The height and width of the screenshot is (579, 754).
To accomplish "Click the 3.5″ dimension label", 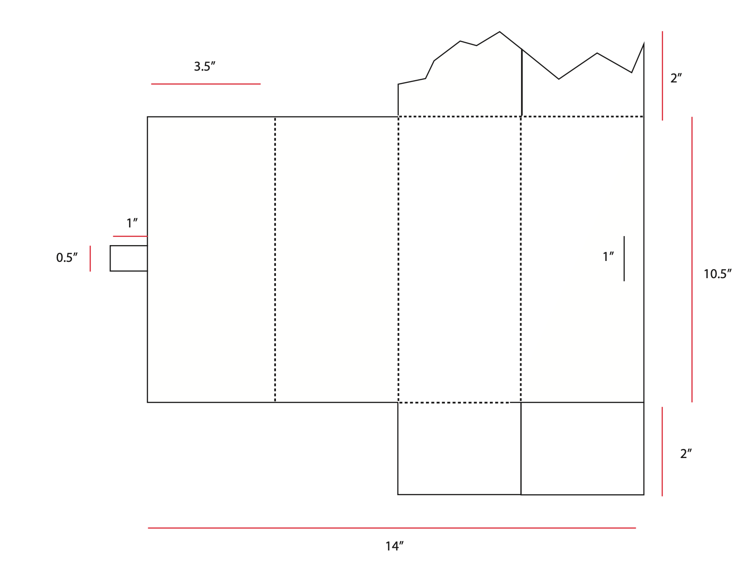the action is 204,67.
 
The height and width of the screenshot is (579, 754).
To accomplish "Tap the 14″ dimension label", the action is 394,546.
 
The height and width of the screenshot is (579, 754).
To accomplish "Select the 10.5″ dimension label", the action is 717,274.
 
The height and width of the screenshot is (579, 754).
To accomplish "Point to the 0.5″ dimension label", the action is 67,258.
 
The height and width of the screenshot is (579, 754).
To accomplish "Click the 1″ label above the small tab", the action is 132,223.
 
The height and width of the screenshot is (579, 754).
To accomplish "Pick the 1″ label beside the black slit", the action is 608,257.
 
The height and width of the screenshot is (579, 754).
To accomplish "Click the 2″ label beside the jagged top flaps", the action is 676,78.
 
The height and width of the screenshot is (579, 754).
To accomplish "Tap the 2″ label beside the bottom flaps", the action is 686,454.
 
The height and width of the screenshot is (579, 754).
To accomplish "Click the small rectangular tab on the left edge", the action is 129,258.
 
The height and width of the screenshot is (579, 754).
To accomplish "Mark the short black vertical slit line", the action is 624,258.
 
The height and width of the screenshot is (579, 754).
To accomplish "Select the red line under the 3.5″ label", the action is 206,84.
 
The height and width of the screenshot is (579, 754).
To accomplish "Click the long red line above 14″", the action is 391,528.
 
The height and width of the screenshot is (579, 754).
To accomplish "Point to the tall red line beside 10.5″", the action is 691,259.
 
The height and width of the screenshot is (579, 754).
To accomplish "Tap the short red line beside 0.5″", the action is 90,258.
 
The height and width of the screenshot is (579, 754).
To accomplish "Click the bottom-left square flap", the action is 459,448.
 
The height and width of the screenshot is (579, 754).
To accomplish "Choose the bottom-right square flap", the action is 582,448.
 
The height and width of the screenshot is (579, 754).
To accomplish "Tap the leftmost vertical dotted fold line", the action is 275,259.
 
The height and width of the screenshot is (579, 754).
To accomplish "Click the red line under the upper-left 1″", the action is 130,236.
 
